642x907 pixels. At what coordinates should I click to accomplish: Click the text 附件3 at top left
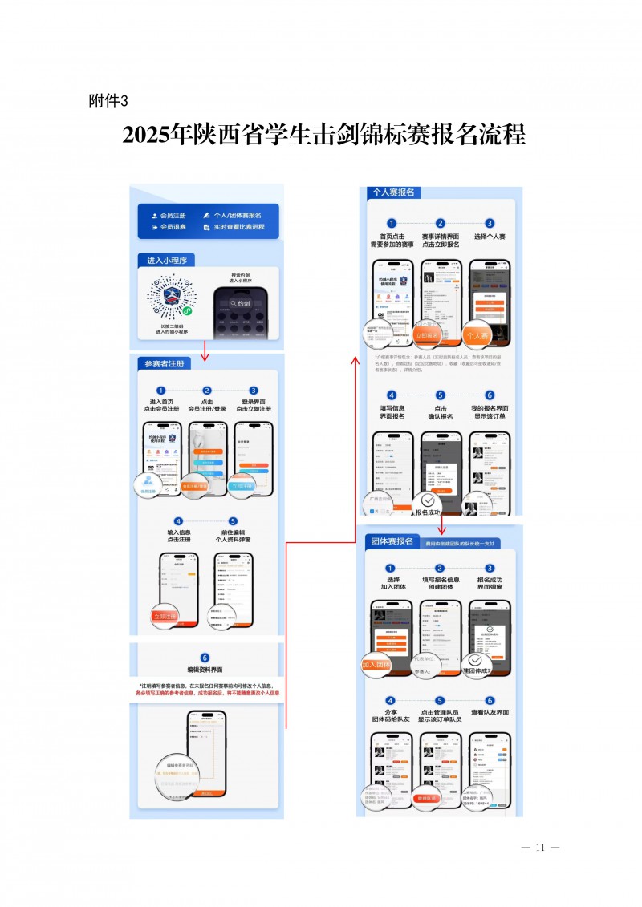coord(108,100)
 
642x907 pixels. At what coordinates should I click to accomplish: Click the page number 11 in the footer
coord(539,848)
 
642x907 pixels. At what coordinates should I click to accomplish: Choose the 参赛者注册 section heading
coord(164,363)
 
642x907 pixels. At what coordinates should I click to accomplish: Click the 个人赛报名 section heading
coord(393,192)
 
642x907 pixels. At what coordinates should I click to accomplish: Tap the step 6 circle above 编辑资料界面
coord(205,658)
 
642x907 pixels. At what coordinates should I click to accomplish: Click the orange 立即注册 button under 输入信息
coord(165,616)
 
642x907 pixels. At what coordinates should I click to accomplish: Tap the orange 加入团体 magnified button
coord(376,665)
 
